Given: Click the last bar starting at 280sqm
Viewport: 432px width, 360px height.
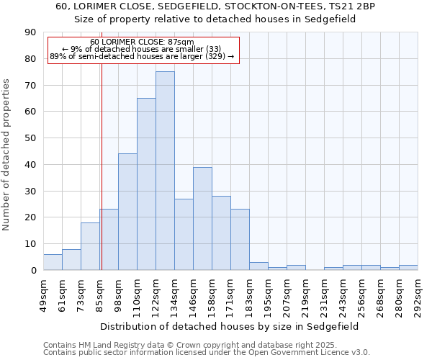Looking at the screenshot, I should pos(408,267).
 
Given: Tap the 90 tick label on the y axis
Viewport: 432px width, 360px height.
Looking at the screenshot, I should pos(30,32).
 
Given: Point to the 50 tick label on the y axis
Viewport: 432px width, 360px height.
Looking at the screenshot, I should pos(30,138).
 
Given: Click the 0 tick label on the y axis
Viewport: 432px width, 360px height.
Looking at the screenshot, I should pos(33,271).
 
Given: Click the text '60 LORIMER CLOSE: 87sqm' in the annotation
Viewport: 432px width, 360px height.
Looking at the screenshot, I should pos(142,42).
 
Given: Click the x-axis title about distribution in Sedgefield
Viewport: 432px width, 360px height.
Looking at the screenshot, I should pos(230,326).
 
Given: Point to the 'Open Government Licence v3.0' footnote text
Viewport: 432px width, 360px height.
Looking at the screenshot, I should pos(309,353).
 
